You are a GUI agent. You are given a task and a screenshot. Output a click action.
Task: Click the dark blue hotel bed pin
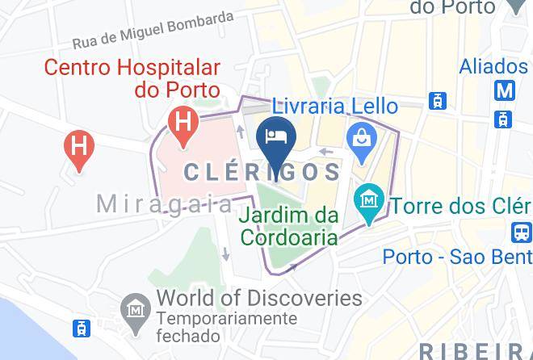(x=275, y=136)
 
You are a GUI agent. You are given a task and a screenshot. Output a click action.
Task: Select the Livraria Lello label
(x=334, y=106)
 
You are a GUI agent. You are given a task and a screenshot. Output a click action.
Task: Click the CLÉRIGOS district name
(x=263, y=171)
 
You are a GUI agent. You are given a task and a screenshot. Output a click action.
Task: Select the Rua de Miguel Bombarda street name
(x=153, y=30)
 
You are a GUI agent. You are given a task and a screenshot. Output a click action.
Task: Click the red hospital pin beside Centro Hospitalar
(x=183, y=124)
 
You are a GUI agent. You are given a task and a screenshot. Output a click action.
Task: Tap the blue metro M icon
(x=506, y=90)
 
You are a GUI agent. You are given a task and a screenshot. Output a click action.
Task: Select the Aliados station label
(x=493, y=66)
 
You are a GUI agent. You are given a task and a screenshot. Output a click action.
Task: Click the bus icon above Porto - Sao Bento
(x=522, y=233)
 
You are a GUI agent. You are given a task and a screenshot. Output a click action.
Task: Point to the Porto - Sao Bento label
(x=457, y=257)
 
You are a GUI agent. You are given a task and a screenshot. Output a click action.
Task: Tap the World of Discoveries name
(x=259, y=298)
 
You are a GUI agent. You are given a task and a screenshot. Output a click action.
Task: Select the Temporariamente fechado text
(x=227, y=327)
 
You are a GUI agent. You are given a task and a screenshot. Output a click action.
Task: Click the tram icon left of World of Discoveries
(x=82, y=329)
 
